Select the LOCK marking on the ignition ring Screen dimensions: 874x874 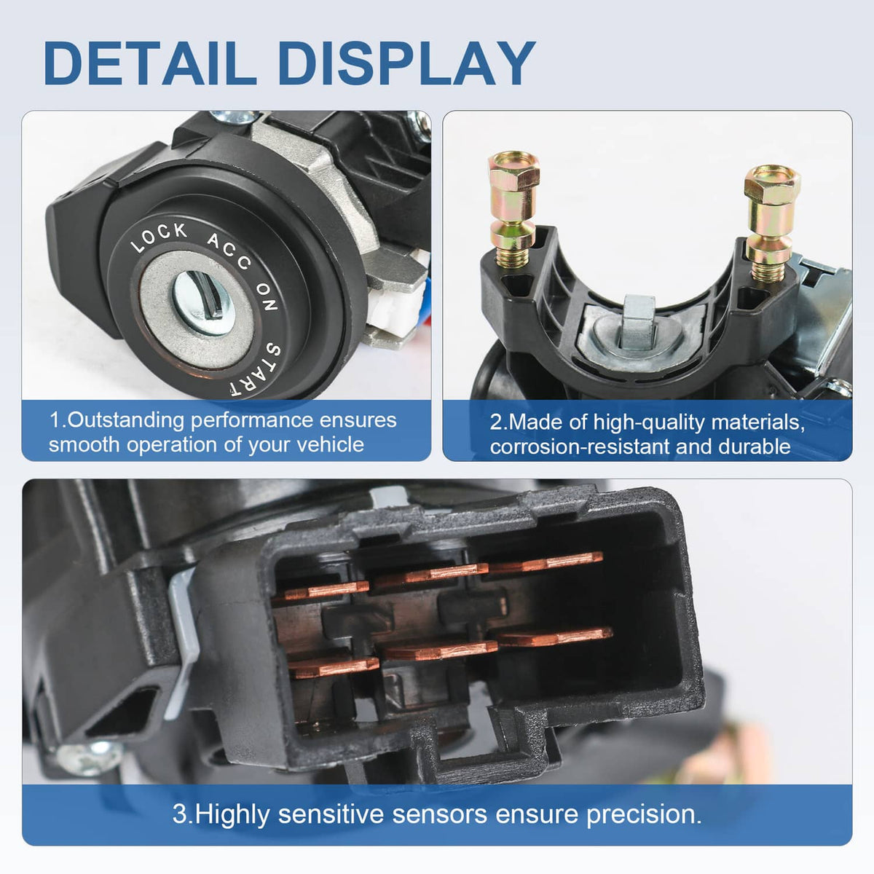click(160, 237)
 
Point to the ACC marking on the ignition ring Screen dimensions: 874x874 click(229, 252)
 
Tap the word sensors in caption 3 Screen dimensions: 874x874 click(439, 814)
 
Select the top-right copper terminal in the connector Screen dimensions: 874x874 click(546, 563)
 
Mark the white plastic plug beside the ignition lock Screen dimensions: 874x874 click(394, 310)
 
